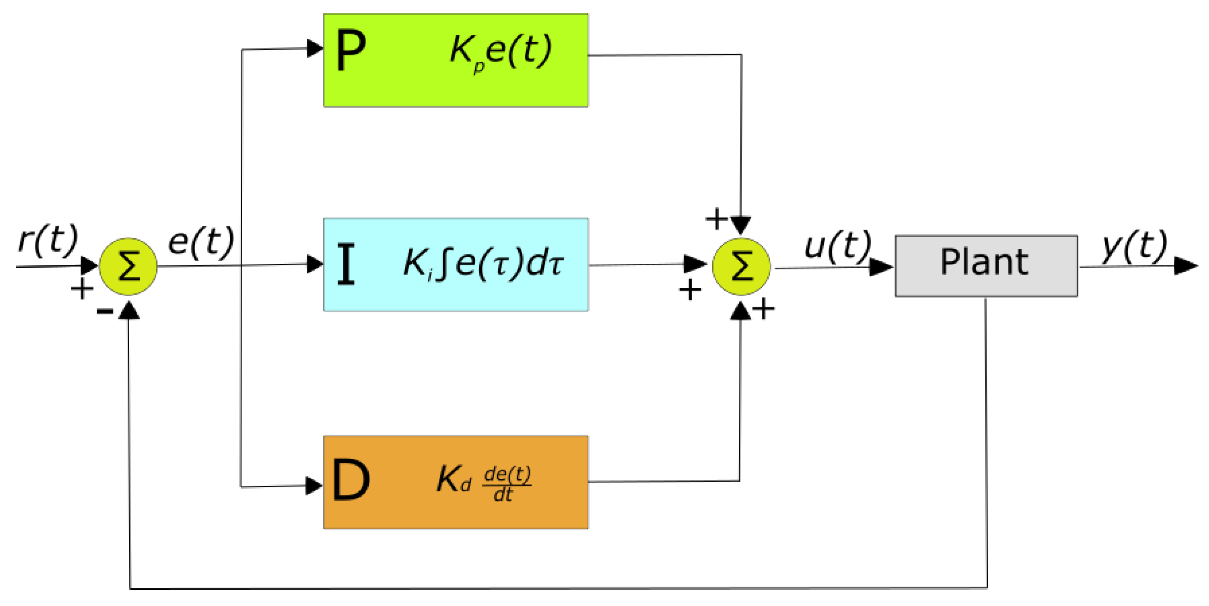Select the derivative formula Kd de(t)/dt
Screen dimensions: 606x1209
[x=483, y=482]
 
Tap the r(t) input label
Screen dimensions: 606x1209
[x=47, y=240]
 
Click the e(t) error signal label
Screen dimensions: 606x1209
[x=201, y=242]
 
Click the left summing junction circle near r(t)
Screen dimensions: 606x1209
[x=128, y=266]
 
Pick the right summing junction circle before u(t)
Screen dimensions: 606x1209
[x=741, y=266]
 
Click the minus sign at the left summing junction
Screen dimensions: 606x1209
[x=105, y=310]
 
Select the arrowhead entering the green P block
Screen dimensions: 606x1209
[x=314, y=48]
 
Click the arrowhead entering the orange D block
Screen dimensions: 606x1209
[x=314, y=486]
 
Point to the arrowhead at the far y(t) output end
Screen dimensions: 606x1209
[x=1186, y=266]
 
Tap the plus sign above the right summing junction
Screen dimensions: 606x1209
[x=716, y=219]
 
